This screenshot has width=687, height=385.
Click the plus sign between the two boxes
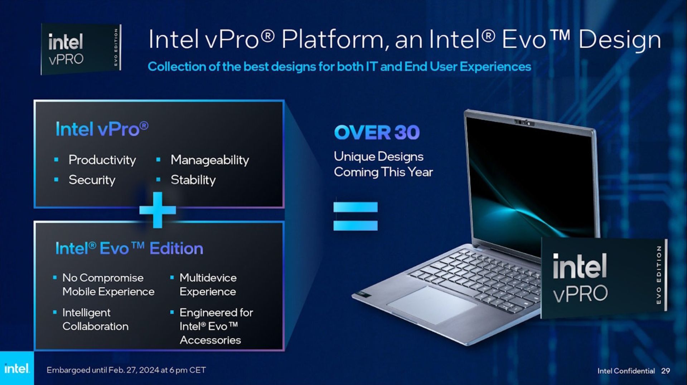[x=158, y=210]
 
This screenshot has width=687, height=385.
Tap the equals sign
[x=355, y=216]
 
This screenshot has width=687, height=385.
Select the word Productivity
[x=102, y=160]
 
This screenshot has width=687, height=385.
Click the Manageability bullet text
[x=210, y=160]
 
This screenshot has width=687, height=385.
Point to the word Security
[x=92, y=180]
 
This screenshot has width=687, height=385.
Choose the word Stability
[x=193, y=180]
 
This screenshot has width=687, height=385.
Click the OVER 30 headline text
[x=377, y=132]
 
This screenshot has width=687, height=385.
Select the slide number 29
[x=666, y=371]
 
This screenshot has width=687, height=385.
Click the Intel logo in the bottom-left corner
[x=17, y=368]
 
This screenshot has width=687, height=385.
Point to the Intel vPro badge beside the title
[x=81, y=49]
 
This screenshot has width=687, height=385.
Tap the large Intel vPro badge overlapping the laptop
[x=604, y=278]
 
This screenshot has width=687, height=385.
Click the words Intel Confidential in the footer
[x=626, y=371]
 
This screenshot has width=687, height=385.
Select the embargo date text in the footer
[x=126, y=370]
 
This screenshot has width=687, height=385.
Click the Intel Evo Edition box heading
[x=129, y=248]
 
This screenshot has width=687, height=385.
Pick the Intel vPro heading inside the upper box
[x=102, y=129]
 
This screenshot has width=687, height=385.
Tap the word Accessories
[x=210, y=340]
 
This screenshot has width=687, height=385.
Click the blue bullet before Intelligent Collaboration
[x=55, y=312]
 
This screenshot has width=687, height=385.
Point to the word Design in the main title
[x=619, y=39]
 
